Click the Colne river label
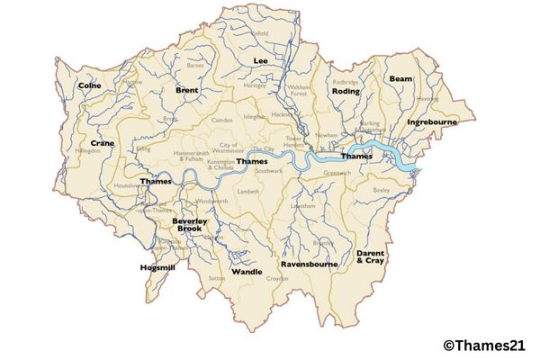tap(89, 85)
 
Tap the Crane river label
tap(102, 143)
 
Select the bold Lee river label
tap(261, 60)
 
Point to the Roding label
tap(346, 91)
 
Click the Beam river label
tap(400, 79)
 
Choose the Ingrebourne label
tap(432, 121)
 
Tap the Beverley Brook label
tap(190, 225)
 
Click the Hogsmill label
tap(157, 267)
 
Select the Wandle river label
tap(247, 271)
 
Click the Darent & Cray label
tap(370, 257)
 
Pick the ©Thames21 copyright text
tap(486, 343)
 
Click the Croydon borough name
tap(274, 279)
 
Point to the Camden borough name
tap(221, 120)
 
